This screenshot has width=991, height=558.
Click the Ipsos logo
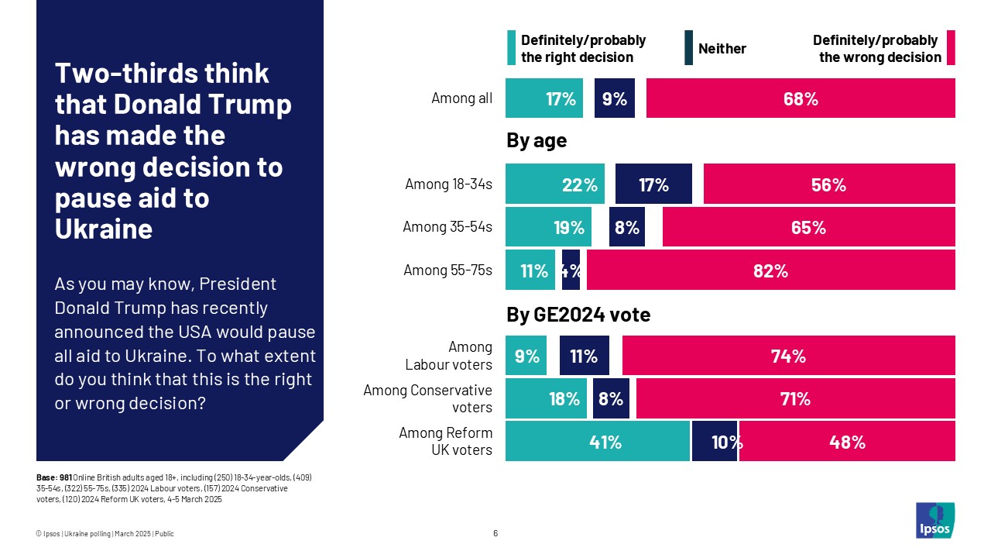(935, 521)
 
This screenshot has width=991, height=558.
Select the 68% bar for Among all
(801, 98)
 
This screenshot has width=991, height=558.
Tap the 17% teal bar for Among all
(544, 98)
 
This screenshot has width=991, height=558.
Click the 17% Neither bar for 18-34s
(653, 184)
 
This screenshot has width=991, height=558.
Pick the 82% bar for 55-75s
(770, 270)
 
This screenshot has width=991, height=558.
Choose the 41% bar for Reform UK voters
(597, 442)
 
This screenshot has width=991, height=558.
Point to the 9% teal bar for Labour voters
(526, 356)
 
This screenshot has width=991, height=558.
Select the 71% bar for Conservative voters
(795, 398)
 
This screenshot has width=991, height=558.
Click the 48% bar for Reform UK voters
(847, 442)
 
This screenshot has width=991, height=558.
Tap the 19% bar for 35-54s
(548, 227)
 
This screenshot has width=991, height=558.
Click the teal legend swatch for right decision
(511, 48)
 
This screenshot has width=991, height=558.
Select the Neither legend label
(722, 49)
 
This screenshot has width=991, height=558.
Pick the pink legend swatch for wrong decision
(951, 48)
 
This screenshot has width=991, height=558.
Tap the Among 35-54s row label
(447, 227)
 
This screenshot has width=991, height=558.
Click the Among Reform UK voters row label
(445, 441)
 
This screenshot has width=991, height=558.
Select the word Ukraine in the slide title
(103, 229)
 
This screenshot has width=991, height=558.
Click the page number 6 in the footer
(495, 533)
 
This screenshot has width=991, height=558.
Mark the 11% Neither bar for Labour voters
(585, 356)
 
